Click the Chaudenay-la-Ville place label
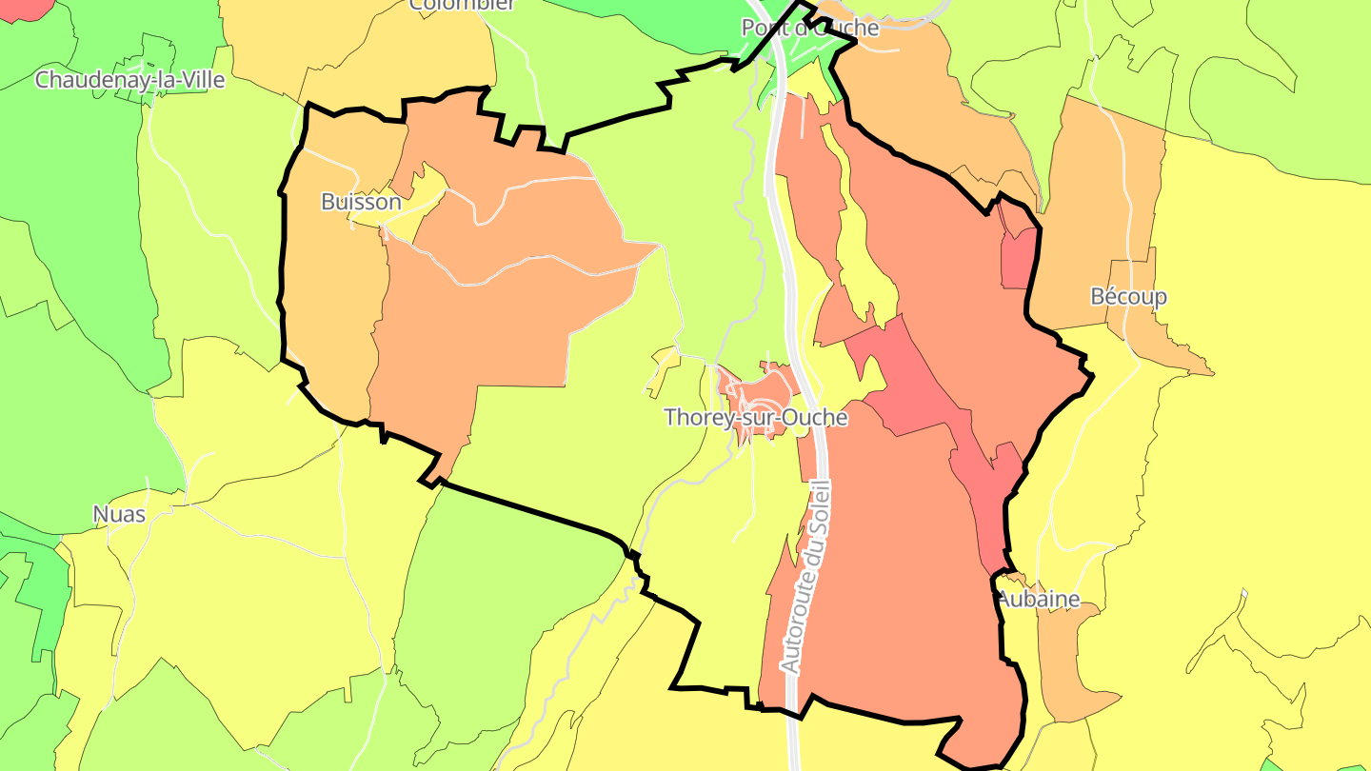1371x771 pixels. pyautogui.click(x=129, y=80)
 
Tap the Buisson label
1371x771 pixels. pyautogui.click(x=361, y=202)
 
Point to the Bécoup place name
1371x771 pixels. pyautogui.click(x=1128, y=297)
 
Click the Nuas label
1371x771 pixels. pyautogui.click(x=119, y=515)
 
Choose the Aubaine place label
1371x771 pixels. pyautogui.click(x=1038, y=599)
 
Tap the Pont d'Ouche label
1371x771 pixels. pyautogui.click(x=810, y=29)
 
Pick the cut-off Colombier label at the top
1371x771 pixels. pyautogui.click(x=463, y=5)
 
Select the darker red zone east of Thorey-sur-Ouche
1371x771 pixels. pyautogui.click(x=914, y=390)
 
